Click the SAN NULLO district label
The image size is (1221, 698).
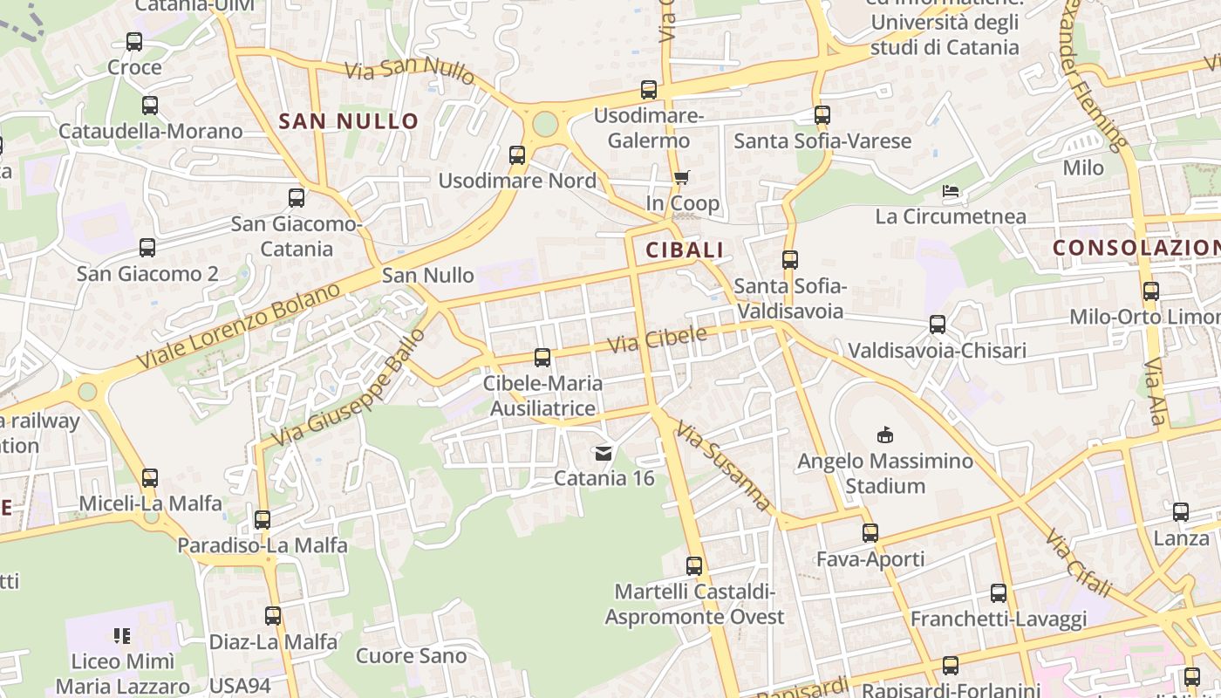pos(348,121)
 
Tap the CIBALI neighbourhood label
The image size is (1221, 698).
pos(685,250)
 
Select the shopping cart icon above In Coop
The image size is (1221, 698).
pos(682,178)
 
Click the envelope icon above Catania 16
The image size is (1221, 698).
pos(603,453)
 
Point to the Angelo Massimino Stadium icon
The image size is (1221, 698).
pos(884,434)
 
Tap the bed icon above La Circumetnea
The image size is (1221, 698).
pos(951,190)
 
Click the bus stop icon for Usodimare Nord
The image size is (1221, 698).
pos(517,155)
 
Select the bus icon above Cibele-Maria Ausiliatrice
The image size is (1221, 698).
pos(542,358)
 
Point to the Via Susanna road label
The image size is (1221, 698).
pos(724,467)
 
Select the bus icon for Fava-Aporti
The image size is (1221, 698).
pos(870,533)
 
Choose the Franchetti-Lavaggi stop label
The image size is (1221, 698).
pos(999,619)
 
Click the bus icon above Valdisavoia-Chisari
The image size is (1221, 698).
pos(938,325)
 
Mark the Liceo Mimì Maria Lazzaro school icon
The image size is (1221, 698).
pos(122,636)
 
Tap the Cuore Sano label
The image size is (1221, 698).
pos(411,655)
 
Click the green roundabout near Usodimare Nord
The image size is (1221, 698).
pos(545,124)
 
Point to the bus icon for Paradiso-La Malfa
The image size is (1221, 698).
pos(263,520)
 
